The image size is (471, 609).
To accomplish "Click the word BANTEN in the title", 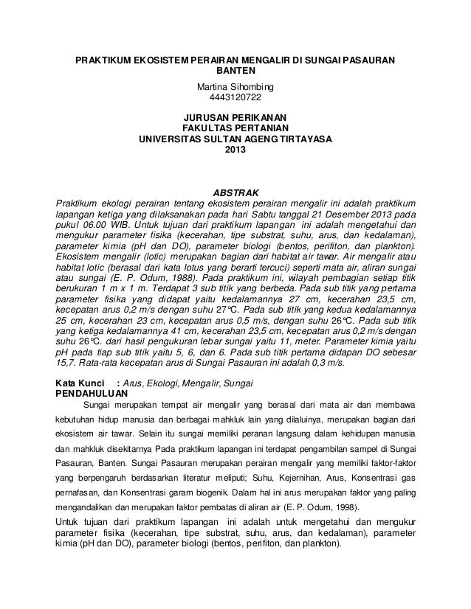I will point(235,72).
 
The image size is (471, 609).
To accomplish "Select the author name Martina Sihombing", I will point(235,85).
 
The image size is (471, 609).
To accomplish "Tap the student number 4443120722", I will point(235,97).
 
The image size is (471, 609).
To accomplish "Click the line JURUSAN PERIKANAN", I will point(235,116).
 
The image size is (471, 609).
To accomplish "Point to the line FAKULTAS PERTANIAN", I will point(235,128).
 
